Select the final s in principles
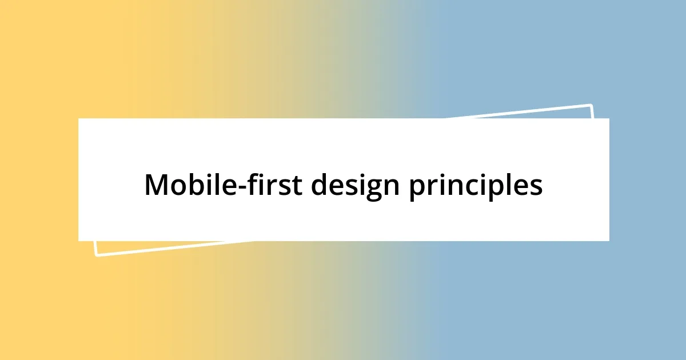click(x=537, y=187)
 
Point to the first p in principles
click(x=416, y=189)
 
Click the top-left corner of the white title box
click(x=78, y=118)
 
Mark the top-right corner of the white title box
click(x=609, y=118)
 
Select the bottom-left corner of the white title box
click(x=78, y=241)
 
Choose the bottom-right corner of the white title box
click(x=609, y=241)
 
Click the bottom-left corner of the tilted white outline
click(x=95, y=255)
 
